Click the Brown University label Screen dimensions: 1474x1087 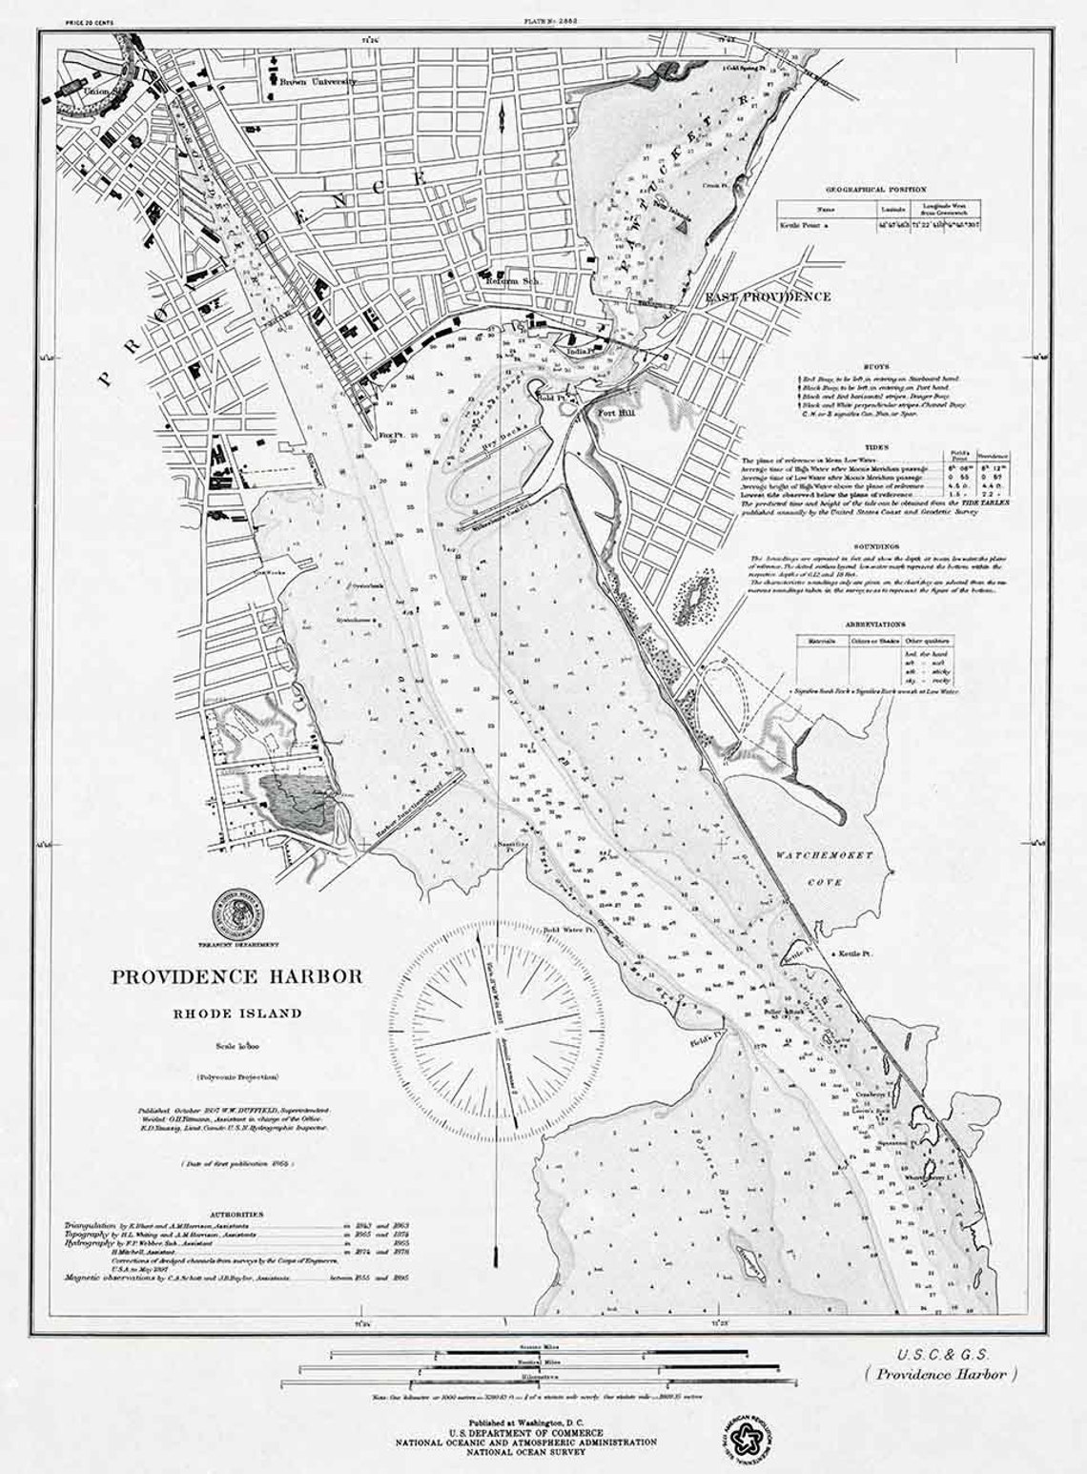318,83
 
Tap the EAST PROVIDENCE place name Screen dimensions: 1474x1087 767,297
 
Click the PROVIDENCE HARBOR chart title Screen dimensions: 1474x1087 237,976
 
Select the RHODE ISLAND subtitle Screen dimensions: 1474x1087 237,1013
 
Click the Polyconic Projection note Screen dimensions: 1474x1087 237,1076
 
